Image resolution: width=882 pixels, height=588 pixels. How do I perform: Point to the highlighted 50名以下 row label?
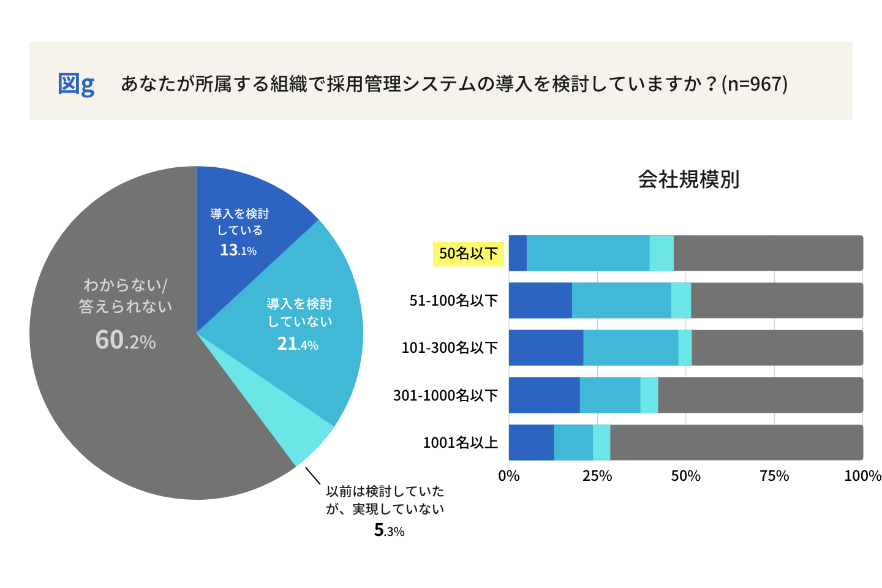pos(469,253)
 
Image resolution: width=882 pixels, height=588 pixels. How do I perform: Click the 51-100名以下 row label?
pos(454,301)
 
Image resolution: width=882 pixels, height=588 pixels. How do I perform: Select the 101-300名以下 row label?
pos(450,348)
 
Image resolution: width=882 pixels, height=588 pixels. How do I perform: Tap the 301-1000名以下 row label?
pos(445,396)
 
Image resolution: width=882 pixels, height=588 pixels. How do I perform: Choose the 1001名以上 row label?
pos(460,443)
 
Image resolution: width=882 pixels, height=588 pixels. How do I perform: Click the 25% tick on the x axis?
pos(597,476)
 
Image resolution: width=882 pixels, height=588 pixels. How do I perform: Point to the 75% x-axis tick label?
pos(774,476)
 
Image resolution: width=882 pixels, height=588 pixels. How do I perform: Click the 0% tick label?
pos(509,476)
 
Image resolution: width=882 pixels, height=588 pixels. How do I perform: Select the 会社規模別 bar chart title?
pos(688,179)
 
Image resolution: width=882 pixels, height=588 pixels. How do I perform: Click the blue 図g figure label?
pos(76,83)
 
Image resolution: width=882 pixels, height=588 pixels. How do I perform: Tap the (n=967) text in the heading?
pos(755,83)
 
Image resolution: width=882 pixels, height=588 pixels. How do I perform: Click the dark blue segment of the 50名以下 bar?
pos(518,253)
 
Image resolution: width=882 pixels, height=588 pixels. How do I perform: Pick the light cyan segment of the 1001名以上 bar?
pos(601,442)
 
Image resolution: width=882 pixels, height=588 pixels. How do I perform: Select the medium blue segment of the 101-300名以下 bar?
pos(630,348)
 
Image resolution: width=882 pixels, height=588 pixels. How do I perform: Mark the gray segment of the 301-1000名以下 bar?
pos(760,395)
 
